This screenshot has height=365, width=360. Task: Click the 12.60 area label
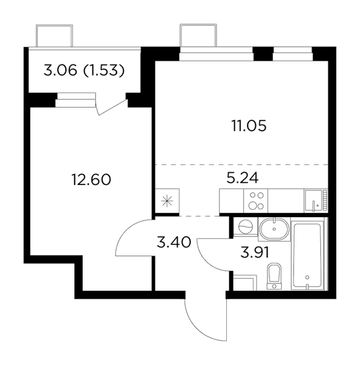pos(91,179)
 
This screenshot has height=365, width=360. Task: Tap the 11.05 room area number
pos(249,126)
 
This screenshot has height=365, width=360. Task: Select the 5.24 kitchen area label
pos(243,178)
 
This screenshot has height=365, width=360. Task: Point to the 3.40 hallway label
pos(174,242)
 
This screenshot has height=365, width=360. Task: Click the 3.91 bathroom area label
pos(255,252)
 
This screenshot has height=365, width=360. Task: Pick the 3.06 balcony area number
pos(60,71)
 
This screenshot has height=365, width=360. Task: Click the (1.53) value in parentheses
pos(104,71)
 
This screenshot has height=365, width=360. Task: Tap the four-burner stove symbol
pos(256,201)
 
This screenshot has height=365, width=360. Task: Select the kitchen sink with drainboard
pos(316,201)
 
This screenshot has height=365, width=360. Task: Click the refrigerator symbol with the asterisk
pos(167,201)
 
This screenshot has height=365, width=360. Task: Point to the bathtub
pos(307,255)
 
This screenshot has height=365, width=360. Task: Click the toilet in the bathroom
pos(274,276)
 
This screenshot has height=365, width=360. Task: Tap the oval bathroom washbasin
pos(274,229)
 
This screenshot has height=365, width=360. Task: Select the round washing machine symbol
pos(246,227)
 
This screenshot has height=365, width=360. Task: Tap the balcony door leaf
pos(113,107)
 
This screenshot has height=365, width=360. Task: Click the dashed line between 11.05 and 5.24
pos(242,165)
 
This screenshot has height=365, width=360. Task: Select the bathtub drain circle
pos(307,277)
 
